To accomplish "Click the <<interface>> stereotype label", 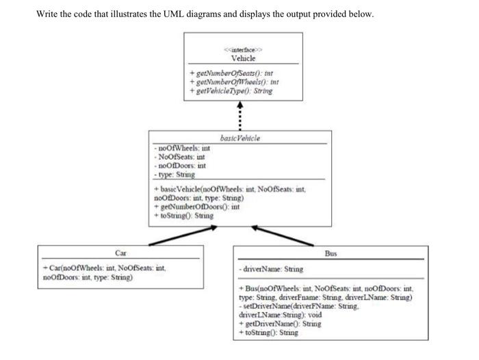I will coord(243,49).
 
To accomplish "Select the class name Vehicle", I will coord(243,57).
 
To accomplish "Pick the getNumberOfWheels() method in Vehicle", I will coord(233,81).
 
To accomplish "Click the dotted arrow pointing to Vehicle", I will coord(239,116).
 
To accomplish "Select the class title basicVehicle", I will coord(240,138).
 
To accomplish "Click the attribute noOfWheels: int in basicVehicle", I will coord(181,147).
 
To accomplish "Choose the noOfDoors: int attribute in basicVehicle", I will coord(181,166).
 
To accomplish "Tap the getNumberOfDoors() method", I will coord(191,207).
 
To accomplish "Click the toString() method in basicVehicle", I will coord(184,216).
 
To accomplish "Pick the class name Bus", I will coord(331,253).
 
